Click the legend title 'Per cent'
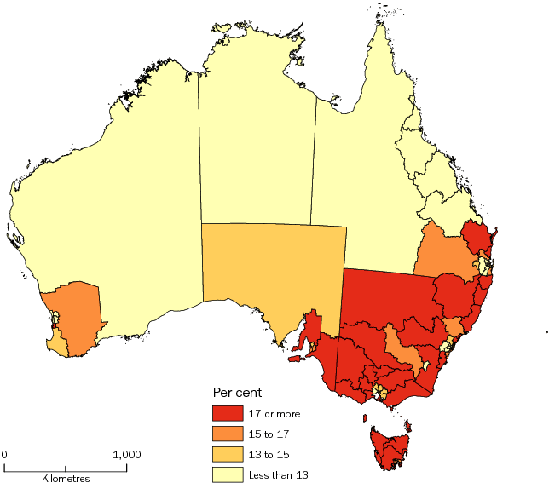coord(237,394)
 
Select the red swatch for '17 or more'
coord(228,415)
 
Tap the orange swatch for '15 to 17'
coord(228,434)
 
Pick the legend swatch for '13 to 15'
coord(228,454)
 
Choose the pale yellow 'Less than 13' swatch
coord(228,474)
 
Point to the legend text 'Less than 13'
coord(282,474)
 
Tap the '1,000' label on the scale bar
coord(127,455)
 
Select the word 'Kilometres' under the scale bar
coord(66,479)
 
